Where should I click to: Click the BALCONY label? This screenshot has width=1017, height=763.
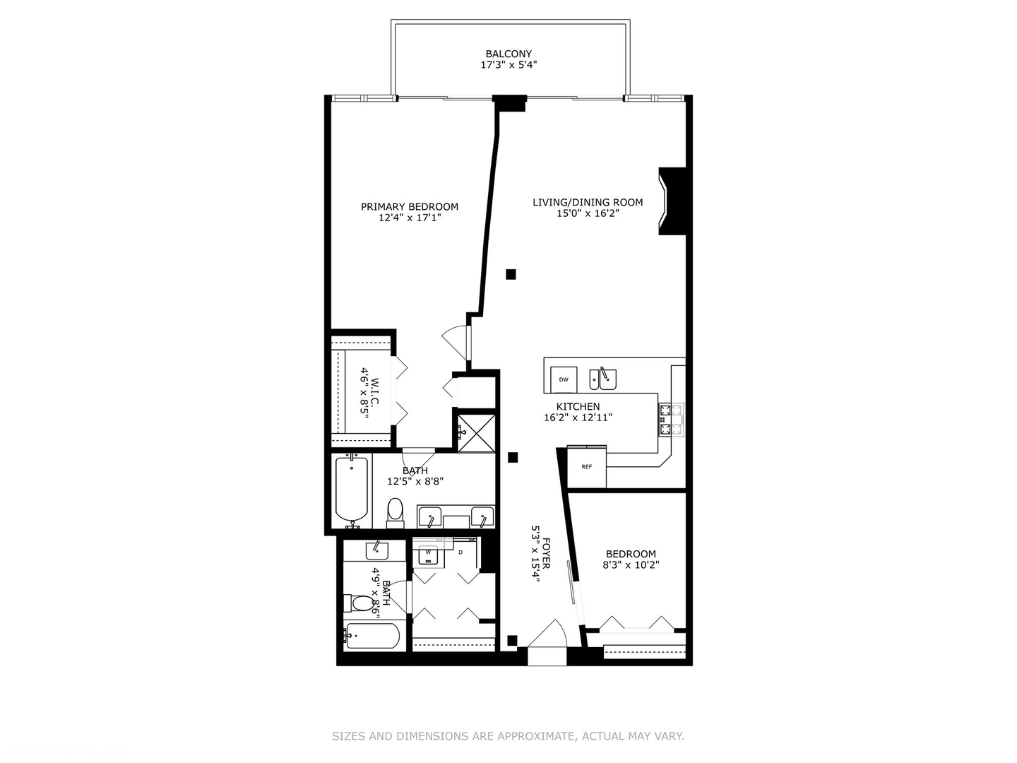pos(509,54)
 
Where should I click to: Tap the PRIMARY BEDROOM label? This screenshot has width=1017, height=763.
pos(410,207)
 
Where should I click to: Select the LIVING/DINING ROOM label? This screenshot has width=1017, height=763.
pos(588,203)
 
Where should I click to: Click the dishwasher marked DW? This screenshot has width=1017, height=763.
pos(564,379)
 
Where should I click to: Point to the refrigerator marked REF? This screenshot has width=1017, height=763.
pos(586,467)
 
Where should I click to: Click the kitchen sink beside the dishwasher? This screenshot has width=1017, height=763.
pos(604,379)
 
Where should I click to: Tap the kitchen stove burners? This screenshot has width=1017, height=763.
pos(671,419)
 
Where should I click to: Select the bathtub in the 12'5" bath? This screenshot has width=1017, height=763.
pos(351,489)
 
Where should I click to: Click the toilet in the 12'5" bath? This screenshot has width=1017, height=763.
pos(395,512)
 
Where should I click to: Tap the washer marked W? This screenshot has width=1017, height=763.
pos(427,552)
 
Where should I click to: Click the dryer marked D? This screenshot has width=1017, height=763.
pos(460,552)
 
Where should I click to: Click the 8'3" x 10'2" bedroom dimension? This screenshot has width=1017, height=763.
pos(631,565)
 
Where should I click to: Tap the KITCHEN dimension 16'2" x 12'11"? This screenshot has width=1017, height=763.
pos(578,418)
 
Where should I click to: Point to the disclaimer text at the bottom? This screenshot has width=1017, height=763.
pos(509,736)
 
